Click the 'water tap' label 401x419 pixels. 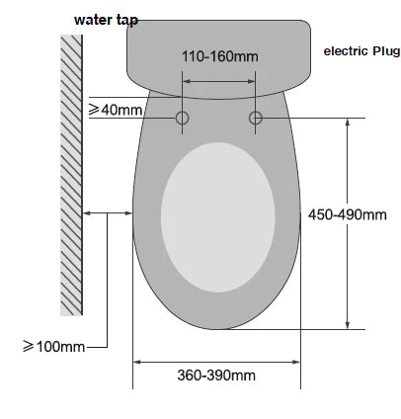(x=106, y=19)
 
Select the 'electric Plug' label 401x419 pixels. (x=362, y=51)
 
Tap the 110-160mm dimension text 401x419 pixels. (x=219, y=56)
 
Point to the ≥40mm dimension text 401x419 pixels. (x=117, y=110)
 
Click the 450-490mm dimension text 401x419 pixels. (x=348, y=214)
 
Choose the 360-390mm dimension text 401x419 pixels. (x=216, y=375)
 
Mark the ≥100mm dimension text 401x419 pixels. (x=53, y=346)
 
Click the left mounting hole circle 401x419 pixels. (x=183, y=119)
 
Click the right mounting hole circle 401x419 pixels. (x=256, y=119)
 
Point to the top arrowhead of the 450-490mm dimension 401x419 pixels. (x=347, y=124)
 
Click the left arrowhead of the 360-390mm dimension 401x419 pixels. (x=138, y=361)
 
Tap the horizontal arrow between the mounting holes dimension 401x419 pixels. (x=219, y=83)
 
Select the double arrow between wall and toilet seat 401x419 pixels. (x=108, y=210)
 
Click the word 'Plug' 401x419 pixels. (x=385, y=51)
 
